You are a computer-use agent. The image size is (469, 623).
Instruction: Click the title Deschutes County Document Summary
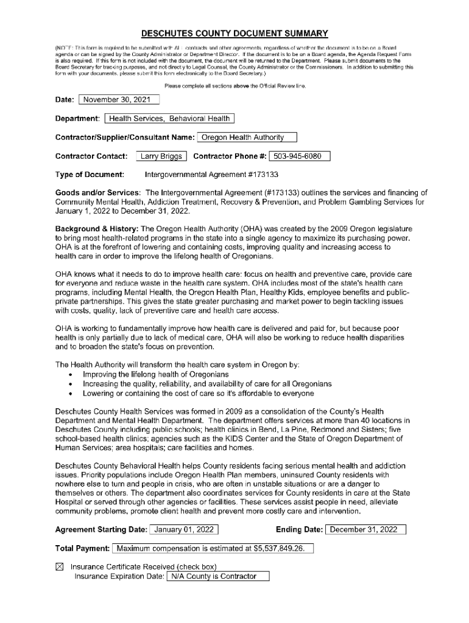(234, 33)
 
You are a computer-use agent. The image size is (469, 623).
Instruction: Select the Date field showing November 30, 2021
(119, 100)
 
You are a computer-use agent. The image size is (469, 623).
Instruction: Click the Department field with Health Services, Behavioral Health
(169, 118)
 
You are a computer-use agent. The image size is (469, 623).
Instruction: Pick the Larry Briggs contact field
(161, 156)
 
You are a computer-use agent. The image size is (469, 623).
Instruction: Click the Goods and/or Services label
(98, 193)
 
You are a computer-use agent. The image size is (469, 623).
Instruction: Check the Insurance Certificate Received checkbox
(60, 566)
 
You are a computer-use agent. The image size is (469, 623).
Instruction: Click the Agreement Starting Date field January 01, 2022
(184, 529)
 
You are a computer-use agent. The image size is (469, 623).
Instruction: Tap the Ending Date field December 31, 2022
(367, 529)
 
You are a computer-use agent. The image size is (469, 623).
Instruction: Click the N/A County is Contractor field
(217, 576)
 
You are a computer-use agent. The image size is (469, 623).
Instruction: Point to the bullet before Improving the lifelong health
(72, 375)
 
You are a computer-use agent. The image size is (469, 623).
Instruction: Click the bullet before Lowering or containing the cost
(72, 394)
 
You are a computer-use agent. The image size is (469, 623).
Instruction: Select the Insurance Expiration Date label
(119, 576)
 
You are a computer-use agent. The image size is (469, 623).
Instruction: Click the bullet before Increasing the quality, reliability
(72, 385)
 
